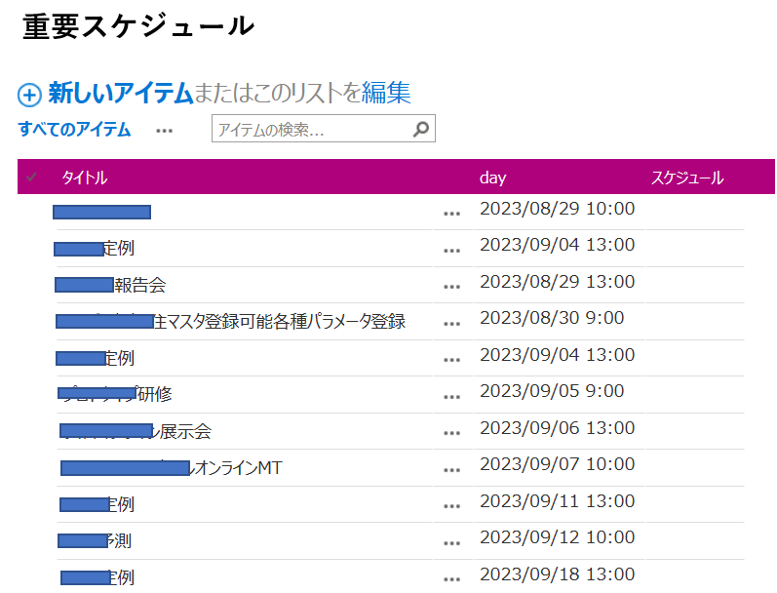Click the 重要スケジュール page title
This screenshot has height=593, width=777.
(x=137, y=27)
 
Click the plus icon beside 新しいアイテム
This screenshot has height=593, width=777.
(x=30, y=95)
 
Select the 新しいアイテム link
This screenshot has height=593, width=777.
(x=121, y=94)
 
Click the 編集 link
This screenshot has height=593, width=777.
(x=386, y=94)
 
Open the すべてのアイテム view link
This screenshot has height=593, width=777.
(x=74, y=130)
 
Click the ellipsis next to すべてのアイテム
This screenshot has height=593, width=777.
(x=164, y=131)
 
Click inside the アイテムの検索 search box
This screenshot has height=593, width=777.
(x=310, y=130)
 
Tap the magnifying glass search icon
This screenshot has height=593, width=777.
(x=421, y=129)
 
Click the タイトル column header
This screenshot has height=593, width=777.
(x=84, y=178)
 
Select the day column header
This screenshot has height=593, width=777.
(x=492, y=178)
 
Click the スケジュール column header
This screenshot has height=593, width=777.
(x=686, y=178)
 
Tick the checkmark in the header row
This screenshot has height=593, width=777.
(x=32, y=177)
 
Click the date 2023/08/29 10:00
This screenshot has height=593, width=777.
(x=557, y=209)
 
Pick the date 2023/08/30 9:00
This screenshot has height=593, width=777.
(x=552, y=318)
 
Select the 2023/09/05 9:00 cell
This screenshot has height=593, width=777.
(x=552, y=391)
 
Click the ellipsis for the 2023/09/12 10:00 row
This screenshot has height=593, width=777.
(x=450, y=542)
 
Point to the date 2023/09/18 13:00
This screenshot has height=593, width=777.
(x=557, y=573)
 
